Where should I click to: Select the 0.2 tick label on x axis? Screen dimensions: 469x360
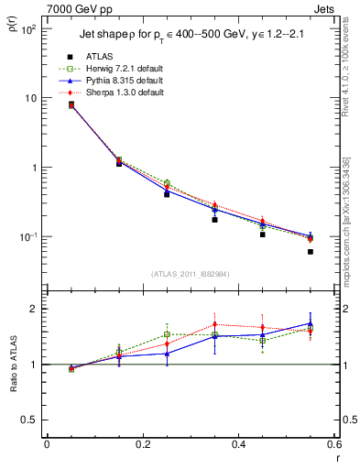point(142,444)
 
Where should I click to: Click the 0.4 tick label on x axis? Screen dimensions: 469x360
point(238,444)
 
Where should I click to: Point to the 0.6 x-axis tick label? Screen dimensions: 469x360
point(333,444)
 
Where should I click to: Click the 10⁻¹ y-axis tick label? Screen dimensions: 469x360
point(29,236)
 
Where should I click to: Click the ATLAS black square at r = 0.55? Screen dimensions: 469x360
point(311,252)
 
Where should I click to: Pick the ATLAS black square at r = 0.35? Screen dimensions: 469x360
point(214,220)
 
